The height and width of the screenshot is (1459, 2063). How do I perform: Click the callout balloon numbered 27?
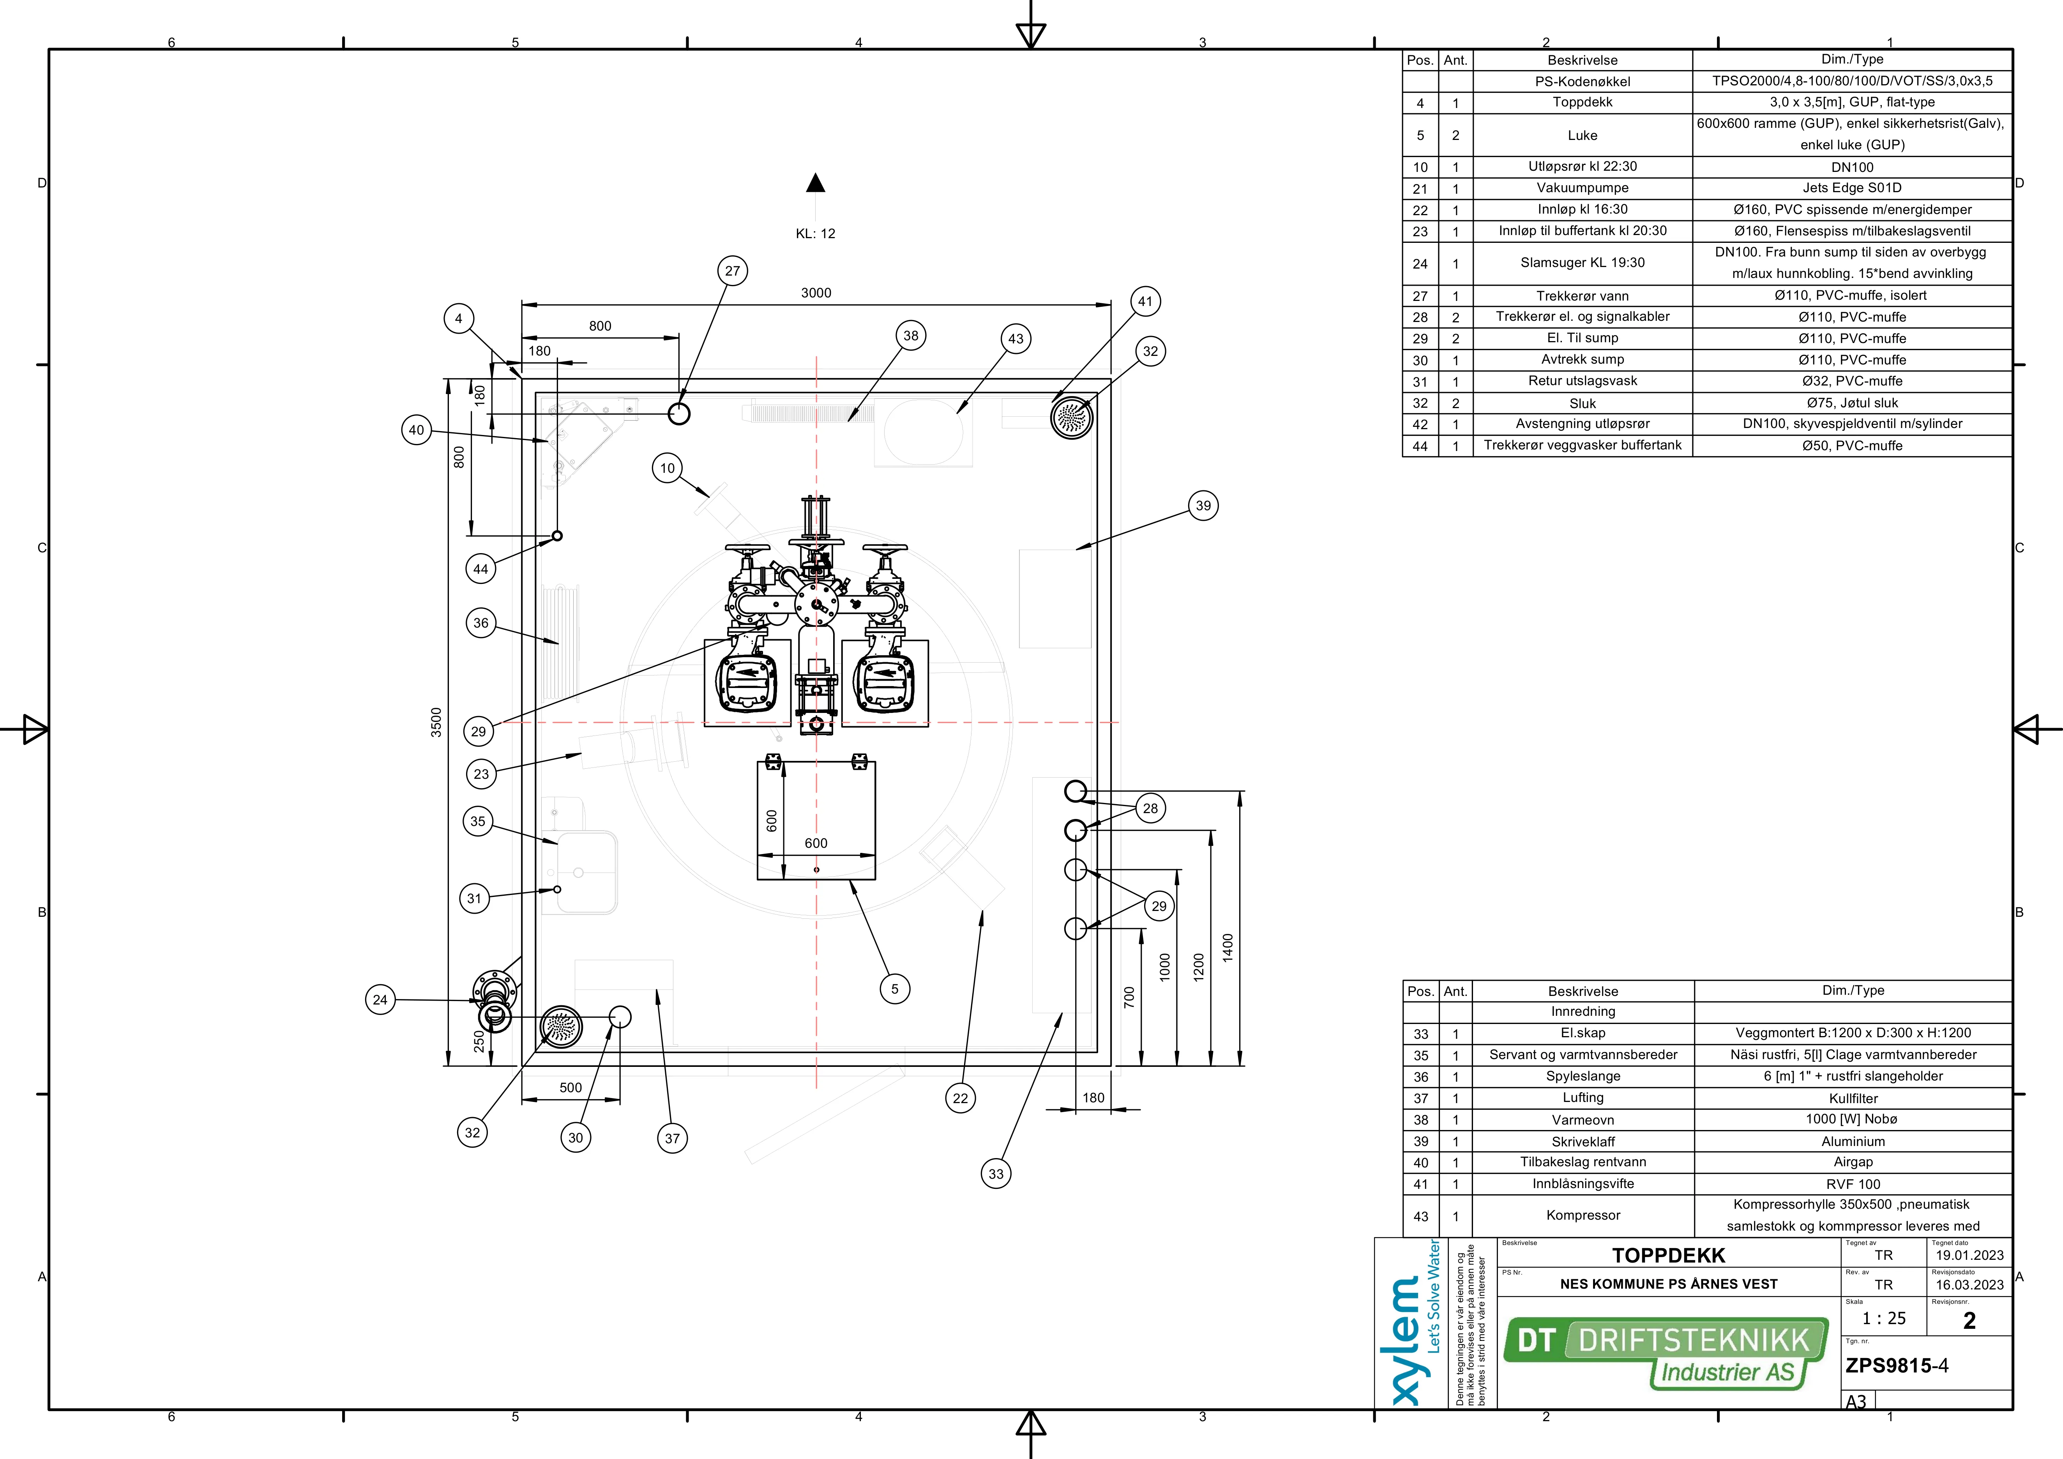pyautogui.click(x=732, y=271)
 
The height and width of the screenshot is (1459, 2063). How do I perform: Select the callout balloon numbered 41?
pyautogui.click(x=1145, y=301)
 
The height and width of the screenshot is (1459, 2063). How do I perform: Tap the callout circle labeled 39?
pyautogui.click(x=1203, y=505)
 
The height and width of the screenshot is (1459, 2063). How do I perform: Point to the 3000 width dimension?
pyautogui.click(x=816, y=293)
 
